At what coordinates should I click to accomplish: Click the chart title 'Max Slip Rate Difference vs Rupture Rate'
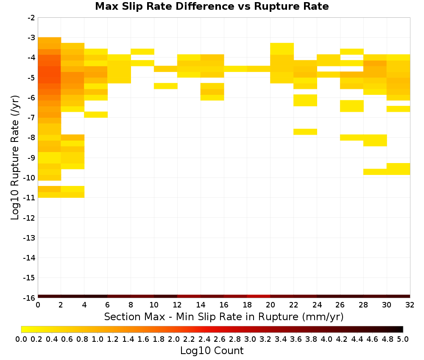[212, 6]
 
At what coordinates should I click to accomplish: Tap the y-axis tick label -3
[31, 38]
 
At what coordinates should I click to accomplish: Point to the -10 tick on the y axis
[29, 178]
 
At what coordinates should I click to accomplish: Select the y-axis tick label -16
[29, 298]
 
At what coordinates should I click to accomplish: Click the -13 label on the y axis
[29, 238]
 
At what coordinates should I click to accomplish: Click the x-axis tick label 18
[247, 305]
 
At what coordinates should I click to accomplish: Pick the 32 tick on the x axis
[410, 305]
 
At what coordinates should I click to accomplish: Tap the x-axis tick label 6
[108, 305]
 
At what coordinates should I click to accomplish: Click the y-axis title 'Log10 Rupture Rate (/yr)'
[15, 158]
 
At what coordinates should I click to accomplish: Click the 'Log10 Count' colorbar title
[212, 351]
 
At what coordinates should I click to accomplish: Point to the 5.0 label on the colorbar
[403, 339]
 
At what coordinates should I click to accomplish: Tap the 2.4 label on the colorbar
[204, 339]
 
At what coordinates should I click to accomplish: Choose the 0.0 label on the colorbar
[21, 339]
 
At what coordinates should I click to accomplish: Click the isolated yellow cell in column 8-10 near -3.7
[142, 52]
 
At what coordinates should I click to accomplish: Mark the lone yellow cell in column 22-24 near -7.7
[305, 132]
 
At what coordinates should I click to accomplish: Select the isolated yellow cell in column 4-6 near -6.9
[96, 114]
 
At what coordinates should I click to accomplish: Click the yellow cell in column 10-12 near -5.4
[166, 86]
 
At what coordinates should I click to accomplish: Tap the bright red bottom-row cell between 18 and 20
[259, 296]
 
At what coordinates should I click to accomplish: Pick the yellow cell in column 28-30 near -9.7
[375, 172]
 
